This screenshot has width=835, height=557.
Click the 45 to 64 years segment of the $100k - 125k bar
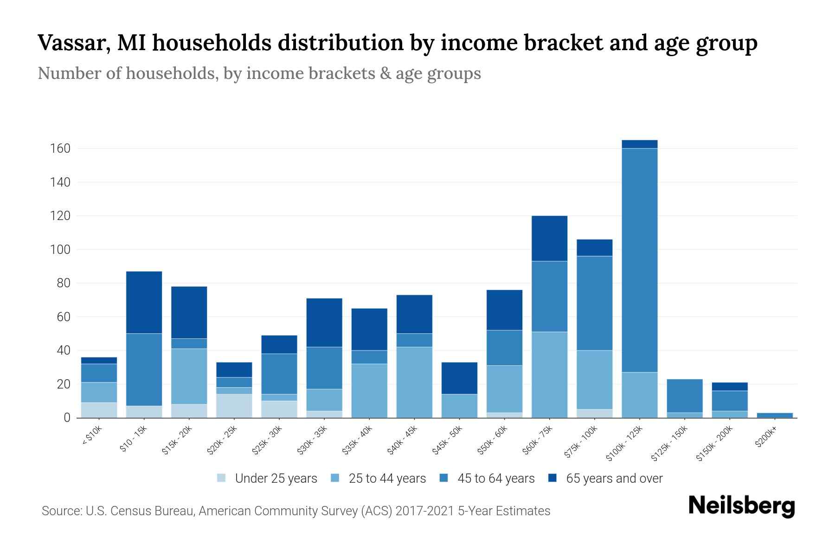tap(639, 260)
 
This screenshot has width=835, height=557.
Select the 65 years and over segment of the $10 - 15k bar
tap(144, 302)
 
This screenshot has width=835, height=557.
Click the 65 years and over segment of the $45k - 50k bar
tap(459, 378)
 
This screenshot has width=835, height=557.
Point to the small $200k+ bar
tap(775, 415)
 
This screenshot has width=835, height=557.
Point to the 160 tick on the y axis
tap(60, 149)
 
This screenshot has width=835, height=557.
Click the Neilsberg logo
tap(741, 506)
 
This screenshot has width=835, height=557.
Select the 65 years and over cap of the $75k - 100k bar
tap(594, 247)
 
